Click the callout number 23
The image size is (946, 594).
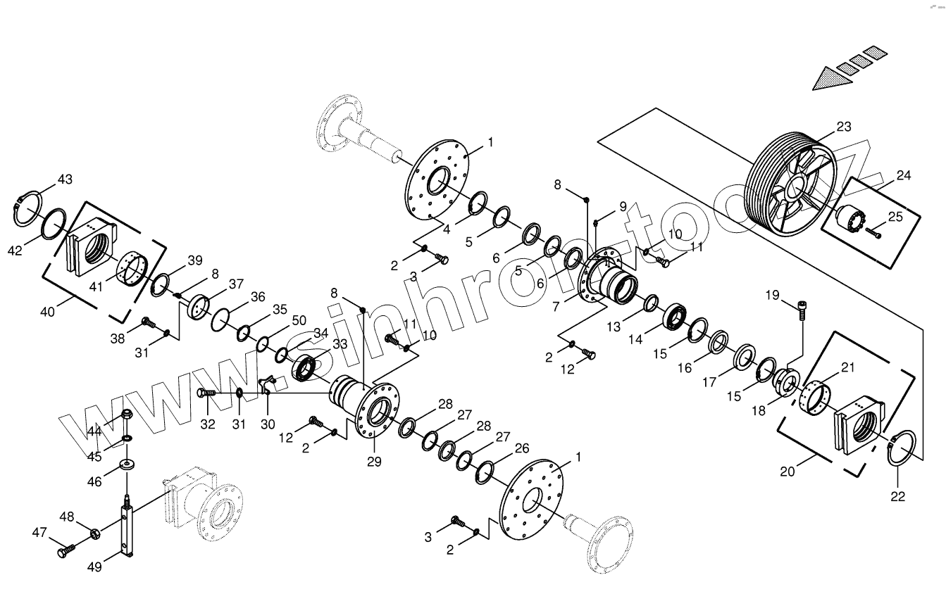click(x=844, y=127)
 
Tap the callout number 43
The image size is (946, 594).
click(x=65, y=179)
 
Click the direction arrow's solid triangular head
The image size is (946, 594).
click(x=827, y=79)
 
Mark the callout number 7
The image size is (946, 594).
click(x=558, y=306)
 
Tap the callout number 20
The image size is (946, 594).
click(x=787, y=471)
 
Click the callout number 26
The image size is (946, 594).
click(x=522, y=448)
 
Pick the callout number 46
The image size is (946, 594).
click(x=94, y=481)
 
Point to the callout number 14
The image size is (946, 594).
click(x=636, y=339)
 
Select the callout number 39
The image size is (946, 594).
click(x=195, y=260)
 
